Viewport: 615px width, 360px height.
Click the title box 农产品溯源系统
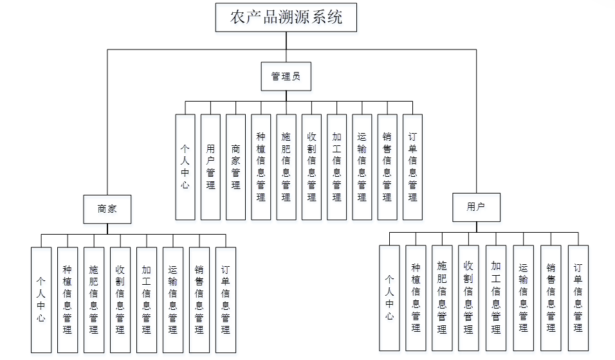point(286,17)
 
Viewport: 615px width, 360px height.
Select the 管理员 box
point(286,76)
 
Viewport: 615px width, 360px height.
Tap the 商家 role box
point(107,209)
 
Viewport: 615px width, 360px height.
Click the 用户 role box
point(476,207)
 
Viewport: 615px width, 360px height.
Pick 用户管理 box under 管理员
point(210,167)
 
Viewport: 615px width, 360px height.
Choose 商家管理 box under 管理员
point(236,167)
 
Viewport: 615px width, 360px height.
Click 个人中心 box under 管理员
point(185,167)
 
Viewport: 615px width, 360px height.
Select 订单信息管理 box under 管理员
point(412,167)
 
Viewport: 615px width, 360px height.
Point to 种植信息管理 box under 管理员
point(261,167)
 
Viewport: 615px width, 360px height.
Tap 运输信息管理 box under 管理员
point(362,167)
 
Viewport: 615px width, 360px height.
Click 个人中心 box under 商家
point(41,300)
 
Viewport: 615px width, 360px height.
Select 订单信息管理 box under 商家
point(225,300)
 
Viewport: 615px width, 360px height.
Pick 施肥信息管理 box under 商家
point(94,300)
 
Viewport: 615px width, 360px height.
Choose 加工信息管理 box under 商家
point(146,300)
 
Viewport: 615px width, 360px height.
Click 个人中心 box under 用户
point(389,298)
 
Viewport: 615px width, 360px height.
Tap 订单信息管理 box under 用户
point(578,298)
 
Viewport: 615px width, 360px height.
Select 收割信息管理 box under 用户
point(468,298)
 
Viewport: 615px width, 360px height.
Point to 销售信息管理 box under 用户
point(551,298)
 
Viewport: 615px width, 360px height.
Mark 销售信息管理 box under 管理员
point(387,167)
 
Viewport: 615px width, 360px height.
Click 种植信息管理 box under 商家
point(68,300)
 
